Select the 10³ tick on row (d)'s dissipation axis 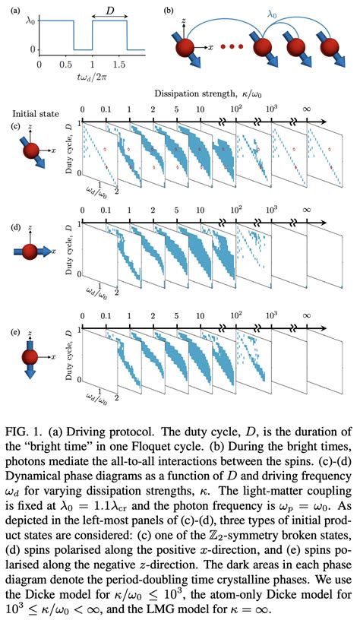coord(271,206)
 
